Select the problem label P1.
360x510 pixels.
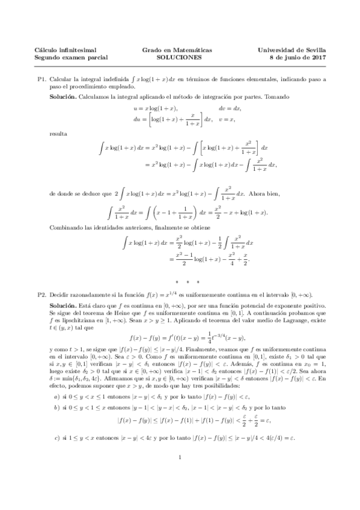point(41,79)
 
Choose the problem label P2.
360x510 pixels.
point(41,295)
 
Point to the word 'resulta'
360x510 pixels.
point(59,132)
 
